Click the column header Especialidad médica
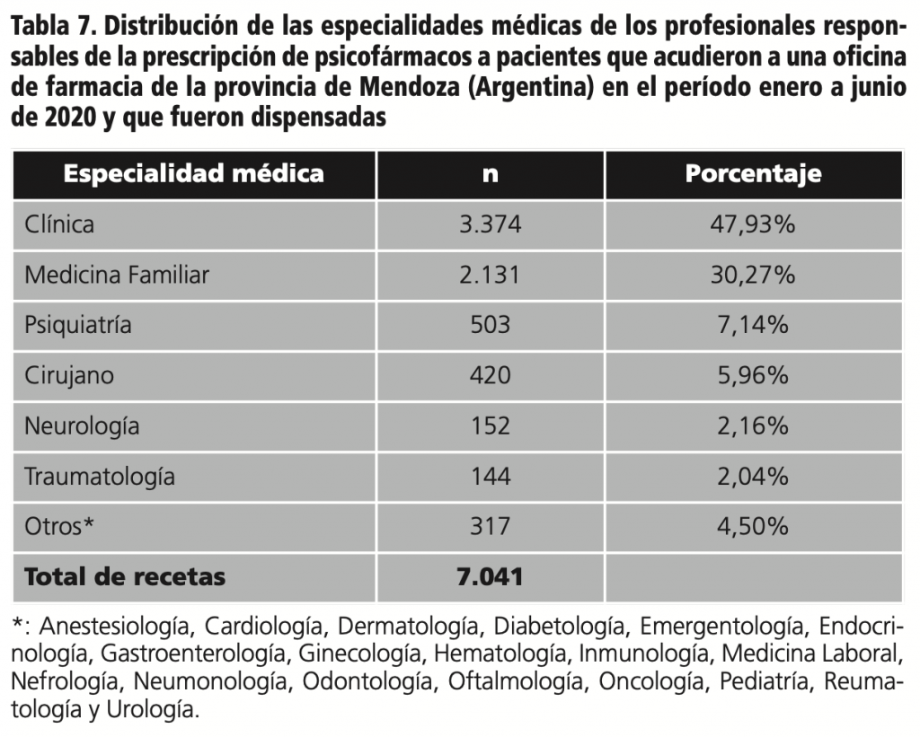coord(193,173)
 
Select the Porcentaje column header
coord(753,173)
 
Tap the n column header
coord(490,174)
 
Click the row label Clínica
coord(59,224)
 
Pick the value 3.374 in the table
coord(490,224)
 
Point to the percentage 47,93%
coord(753,224)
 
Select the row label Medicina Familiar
coord(117,275)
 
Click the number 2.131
coord(490,275)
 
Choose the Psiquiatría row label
coord(78,325)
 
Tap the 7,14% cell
coord(753,325)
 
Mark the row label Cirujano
coord(69,375)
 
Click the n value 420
coord(490,375)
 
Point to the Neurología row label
coord(82,426)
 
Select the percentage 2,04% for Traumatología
coord(753,476)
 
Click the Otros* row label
coord(59,526)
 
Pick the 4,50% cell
coord(753,526)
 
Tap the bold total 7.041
coord(490,576)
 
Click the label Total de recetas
coord(125,576)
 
